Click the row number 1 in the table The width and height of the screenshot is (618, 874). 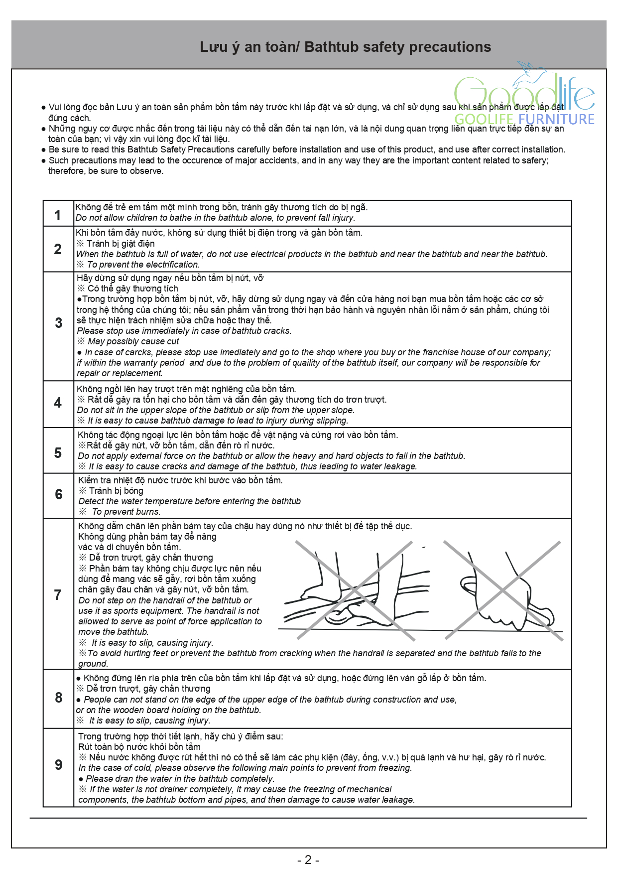[58, 215]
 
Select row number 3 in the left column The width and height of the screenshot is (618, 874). [58, 323]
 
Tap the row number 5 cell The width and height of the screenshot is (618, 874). [58, 452]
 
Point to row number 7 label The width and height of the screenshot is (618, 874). [58, 594]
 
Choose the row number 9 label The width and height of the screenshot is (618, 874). [58, 764]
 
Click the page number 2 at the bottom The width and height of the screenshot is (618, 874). [308, 860]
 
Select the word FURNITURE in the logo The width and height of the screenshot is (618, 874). [556, 120]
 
